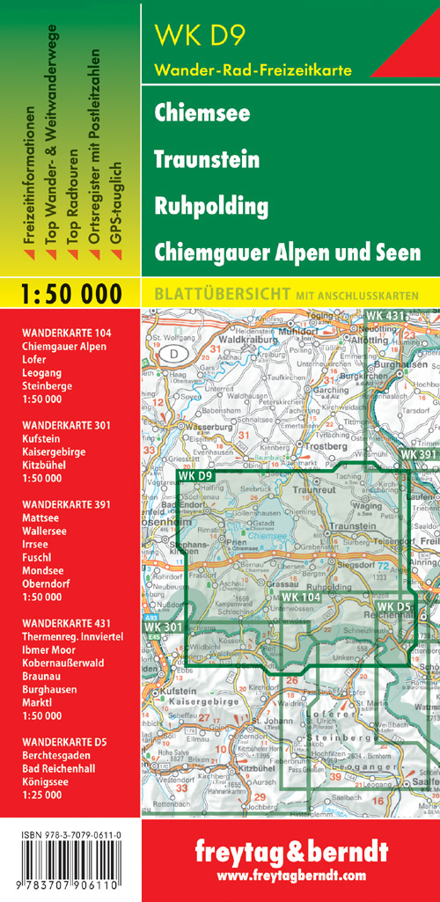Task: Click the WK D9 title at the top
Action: pos(199,35)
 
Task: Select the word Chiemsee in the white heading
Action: pos(202,114)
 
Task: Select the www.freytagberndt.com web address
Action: pos(290,876)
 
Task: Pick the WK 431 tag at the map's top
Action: pos(386,315)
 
